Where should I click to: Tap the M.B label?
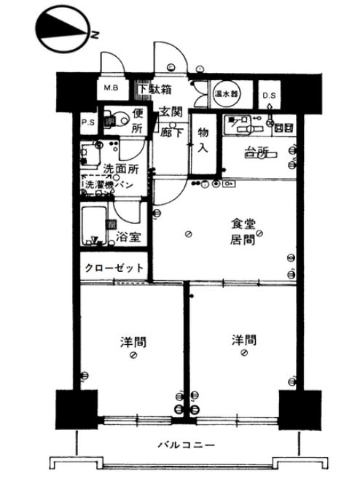(x=112, y=89)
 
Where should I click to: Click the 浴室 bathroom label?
(x=129, y=238)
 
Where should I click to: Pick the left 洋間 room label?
(x=132, y=340)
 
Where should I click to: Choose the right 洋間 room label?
(x=243, y=340)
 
